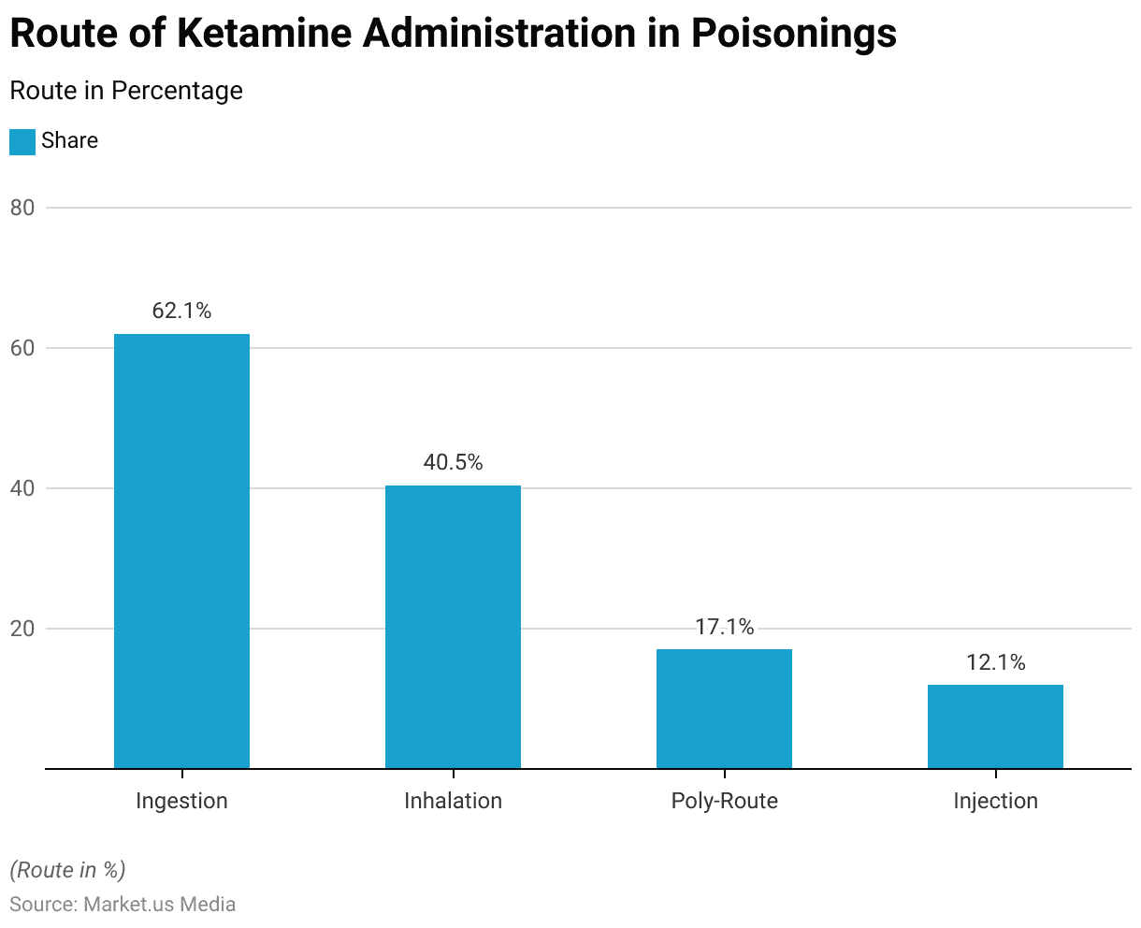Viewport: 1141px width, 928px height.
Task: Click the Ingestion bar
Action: [x=181, y=551]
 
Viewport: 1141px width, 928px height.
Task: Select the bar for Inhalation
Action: [x=453, y=627]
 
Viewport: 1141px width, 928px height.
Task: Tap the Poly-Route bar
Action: [x=724, y=708]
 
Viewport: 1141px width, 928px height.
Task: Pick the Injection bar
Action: [x=995, y=726]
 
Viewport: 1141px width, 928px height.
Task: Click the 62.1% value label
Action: [x=181, y=311]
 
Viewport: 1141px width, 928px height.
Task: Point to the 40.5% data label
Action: [x=453, y=462]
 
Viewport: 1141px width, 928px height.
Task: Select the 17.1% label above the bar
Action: [x=724, y=627]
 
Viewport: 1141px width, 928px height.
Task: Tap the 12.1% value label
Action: [x=995, y=662]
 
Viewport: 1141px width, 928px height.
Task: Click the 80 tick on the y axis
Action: [x=22, y=208]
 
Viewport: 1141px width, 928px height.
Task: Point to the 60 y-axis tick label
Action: [x=22, y=348]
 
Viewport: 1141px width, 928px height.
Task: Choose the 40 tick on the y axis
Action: [x=22, y=488]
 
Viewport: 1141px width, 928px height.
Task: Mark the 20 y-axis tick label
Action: [x=22, y=629]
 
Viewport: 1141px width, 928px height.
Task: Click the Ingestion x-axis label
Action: [x=181, y=801]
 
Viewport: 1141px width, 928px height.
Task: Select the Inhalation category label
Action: [x=453, y=801]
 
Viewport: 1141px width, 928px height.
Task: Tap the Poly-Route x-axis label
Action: [x=724, y=801]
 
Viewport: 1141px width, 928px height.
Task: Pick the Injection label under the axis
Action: [x=995, y=801]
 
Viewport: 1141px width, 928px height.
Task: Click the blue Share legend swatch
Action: [x=22, y=141]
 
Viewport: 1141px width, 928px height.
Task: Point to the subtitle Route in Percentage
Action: [x=125, y=91]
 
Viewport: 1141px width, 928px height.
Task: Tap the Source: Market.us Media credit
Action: [x=123, y=904]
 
